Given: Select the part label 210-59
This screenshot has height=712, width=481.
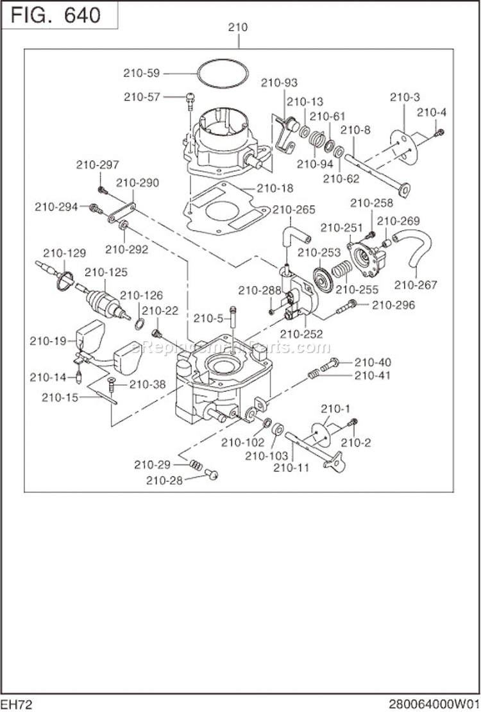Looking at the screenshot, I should tap(142, 72).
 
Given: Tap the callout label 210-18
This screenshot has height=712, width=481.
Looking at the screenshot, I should tap(275, 189).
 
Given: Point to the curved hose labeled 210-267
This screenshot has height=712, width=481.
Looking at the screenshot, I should tap(418, 250).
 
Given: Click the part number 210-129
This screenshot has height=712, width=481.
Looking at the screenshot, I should tap(63, 253).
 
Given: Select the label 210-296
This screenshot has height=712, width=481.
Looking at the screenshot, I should tap(394, 305).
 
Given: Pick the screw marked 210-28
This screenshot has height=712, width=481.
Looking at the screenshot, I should tap(213, 475).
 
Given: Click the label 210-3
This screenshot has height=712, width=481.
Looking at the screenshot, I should tap(405, 97).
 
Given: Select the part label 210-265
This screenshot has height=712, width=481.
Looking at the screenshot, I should tap(293, 210).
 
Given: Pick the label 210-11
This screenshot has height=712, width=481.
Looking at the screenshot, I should tap(291, 468).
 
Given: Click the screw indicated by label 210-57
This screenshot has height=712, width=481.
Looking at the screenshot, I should tap(189, 97).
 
